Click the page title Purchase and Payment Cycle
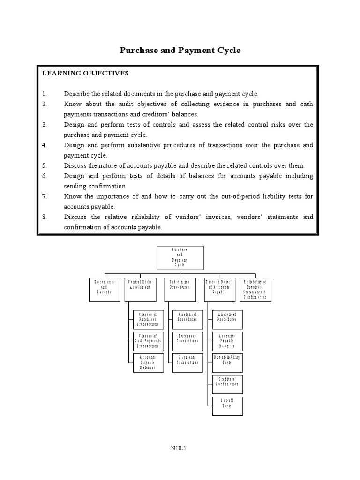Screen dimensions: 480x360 pos(180,50)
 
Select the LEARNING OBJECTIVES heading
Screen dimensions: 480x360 pos(85,74)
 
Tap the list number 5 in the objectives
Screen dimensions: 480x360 pos(45,165)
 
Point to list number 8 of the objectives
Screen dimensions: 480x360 pos(45,217)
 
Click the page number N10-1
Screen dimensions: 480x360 pos(180,448)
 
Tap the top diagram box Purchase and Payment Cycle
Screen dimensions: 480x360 pos(180,258)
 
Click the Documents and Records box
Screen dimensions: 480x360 pos(105,289)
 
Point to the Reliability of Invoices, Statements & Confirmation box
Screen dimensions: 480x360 pos(255,289)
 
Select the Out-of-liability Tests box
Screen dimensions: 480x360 pos(226,360)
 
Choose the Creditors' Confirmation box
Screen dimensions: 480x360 pos(226,382)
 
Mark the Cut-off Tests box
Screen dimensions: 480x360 pos(226,403)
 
